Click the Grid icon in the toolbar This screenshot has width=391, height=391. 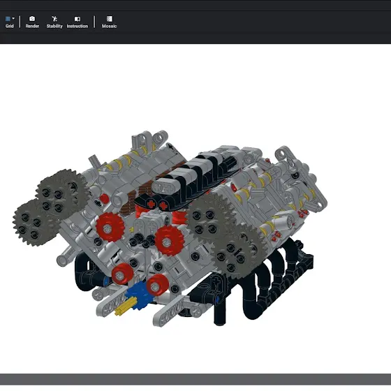point(8,19)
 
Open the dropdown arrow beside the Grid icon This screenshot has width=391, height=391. point(13,18)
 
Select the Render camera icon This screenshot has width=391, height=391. point(32,19)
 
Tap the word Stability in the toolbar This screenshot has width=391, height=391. point(54,26)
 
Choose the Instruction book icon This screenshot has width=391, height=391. point(78,19)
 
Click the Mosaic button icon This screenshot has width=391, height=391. point(109,19)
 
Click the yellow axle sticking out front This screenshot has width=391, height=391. point(124,307)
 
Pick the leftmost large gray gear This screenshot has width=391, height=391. point(34,223)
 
